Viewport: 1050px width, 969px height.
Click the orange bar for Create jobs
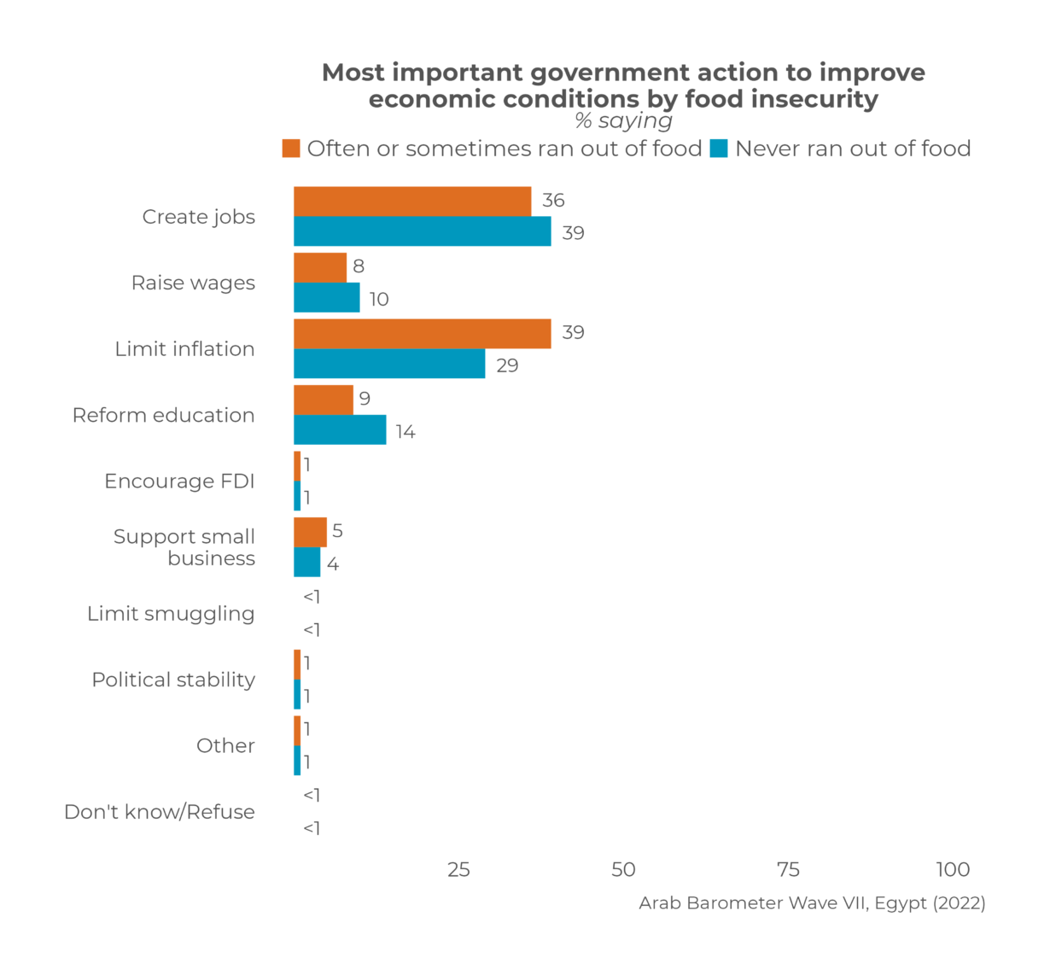[411, 201]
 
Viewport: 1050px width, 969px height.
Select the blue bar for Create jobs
[422, 231]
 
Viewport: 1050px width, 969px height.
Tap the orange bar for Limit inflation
[422, 334]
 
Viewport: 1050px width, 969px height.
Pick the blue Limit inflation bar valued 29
[389, 364]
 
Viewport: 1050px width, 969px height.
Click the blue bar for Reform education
[340, 430]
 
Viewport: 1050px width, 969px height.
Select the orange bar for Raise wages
[320, 267]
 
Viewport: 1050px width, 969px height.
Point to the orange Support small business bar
[310, 532]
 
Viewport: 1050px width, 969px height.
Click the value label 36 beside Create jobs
[553, 201]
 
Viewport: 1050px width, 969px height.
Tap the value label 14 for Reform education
[405, 432]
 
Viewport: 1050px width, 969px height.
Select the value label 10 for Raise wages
[379, 300]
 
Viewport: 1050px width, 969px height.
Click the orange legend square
[291, 149]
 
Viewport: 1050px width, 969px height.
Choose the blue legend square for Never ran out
[719, 149]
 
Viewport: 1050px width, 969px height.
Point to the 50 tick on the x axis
[623, 869]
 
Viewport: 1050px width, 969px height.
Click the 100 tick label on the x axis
[953, 869]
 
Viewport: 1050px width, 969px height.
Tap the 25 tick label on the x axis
[458, 869]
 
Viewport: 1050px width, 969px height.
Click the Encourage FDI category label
[179, 482]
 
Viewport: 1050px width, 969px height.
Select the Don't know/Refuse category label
[160, 812]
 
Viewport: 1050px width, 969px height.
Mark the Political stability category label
[173, 680]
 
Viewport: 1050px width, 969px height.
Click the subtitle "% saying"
[623, 121]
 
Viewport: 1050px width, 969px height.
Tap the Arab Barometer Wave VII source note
[812, 903]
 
